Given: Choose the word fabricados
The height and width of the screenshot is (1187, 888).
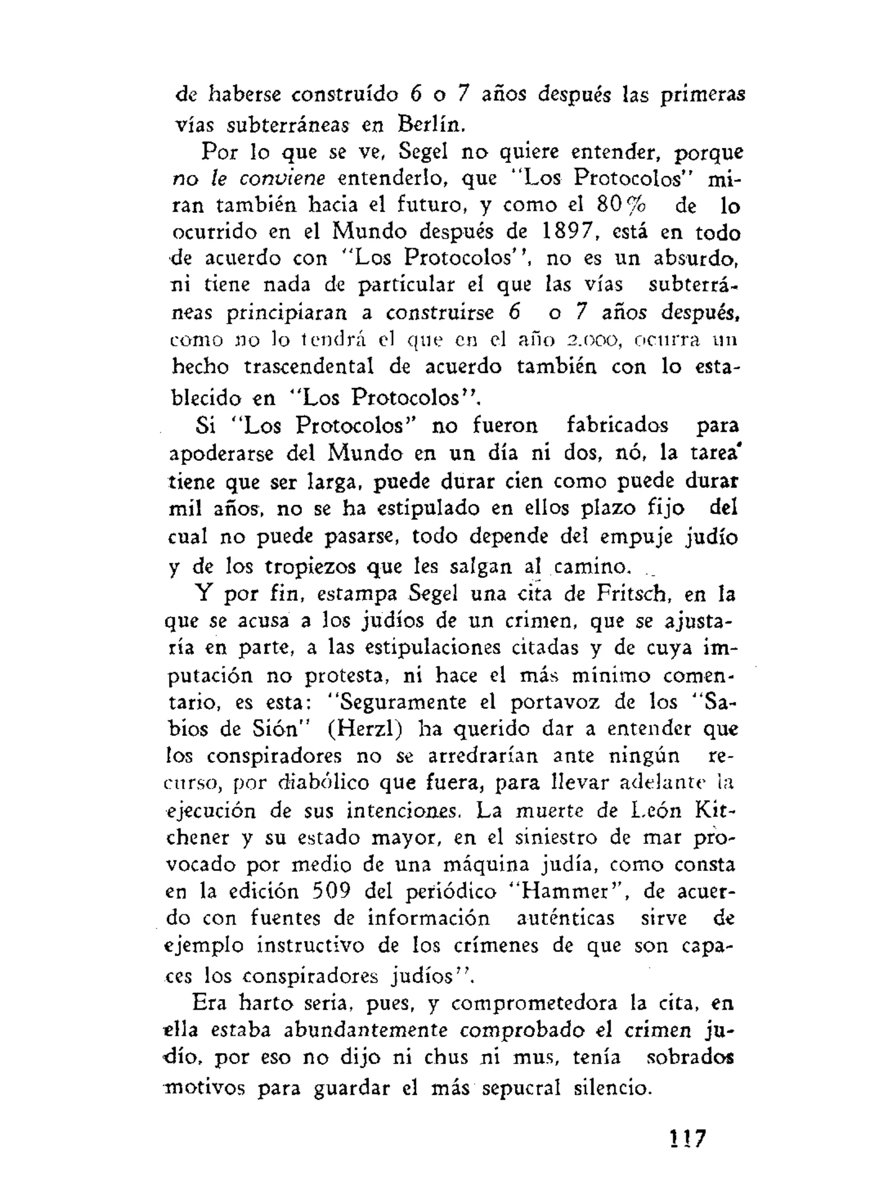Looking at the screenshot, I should point(617,425).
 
